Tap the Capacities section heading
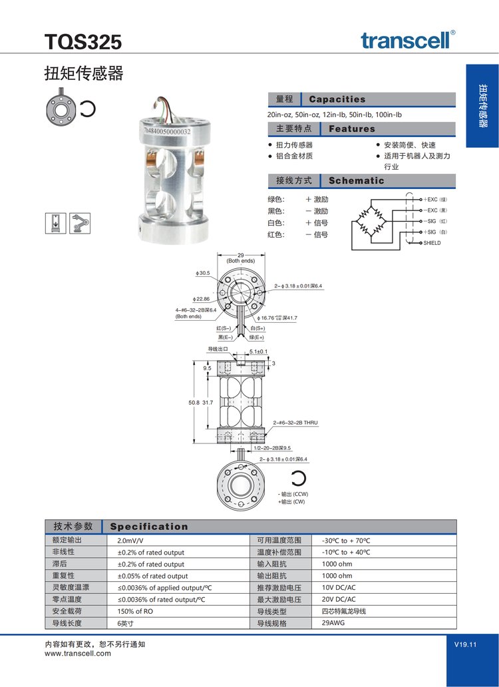(x=337, y=99)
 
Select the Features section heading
(x=352, y=128)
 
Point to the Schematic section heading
(x=357, y=180)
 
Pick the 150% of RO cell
(x=136, y=612)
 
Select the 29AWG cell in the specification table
(x=334, y=624)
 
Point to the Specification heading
(x=149, y=527)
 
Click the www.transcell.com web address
(x=78, y=654)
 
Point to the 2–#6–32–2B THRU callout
(x=297, y=423)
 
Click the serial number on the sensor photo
(x=168, y=132)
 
